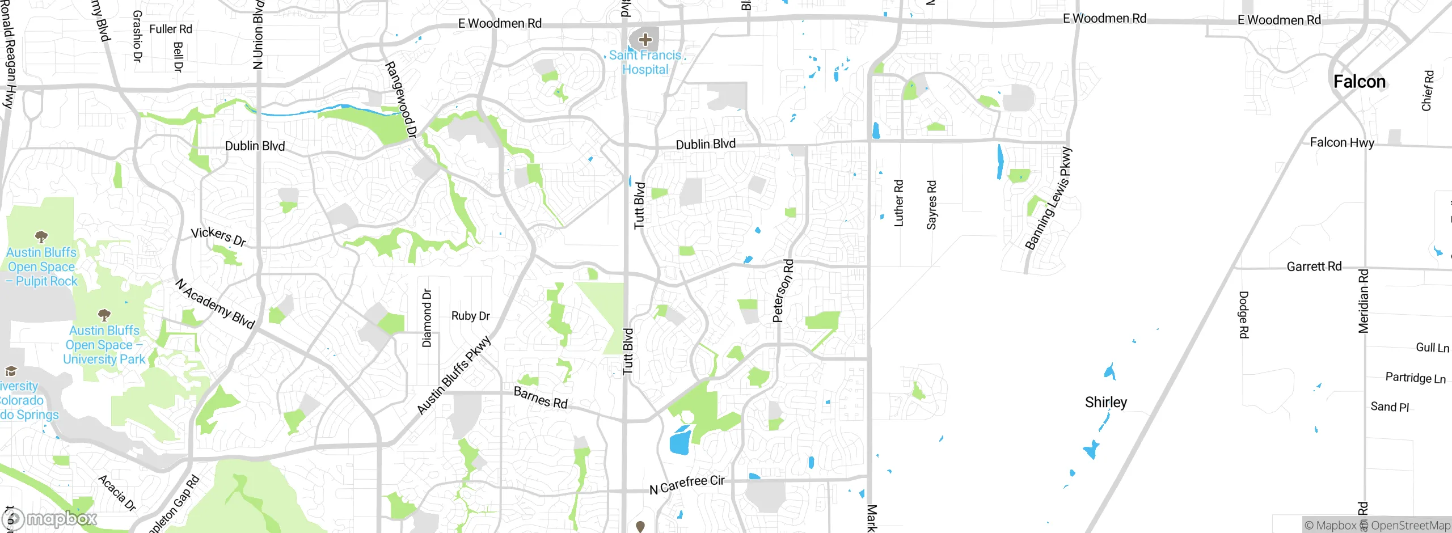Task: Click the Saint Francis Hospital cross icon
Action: pos(645,40)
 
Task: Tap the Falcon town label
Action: pos(1359,82)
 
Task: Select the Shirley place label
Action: pos(1105,402)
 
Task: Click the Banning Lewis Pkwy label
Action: pos(1049,198)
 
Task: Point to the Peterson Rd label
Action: pos(783,291)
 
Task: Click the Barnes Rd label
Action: pos(540,397)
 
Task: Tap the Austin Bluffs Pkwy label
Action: pos(453,375)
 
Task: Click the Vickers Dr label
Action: pos(218,236)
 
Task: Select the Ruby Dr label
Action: pos(470,316)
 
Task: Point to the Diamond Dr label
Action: pos(427,318)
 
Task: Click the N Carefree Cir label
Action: pos(687,484)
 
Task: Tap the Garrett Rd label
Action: pos(1314,266)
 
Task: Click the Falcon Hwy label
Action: pos(1341,142)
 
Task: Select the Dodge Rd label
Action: pos(1243,315)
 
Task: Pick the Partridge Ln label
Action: pos(1415,378)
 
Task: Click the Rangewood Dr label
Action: pos(401,100)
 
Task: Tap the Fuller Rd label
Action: pos(170,29)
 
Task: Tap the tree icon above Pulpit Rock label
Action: pos(41,236)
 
